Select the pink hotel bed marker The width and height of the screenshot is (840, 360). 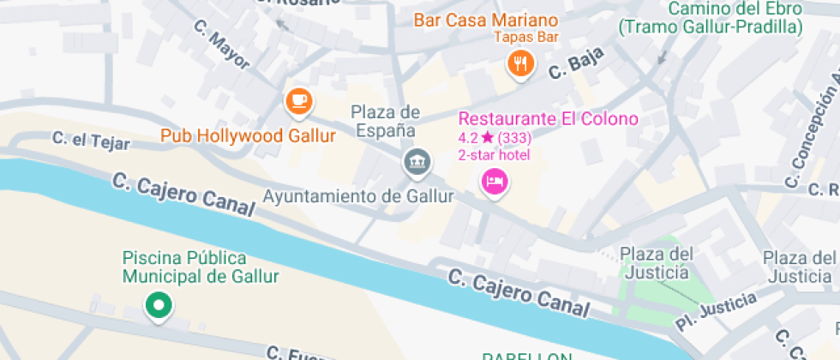[494, 181]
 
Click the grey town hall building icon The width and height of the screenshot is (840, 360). [417, 160]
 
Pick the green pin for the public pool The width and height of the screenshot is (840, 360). [158, 305]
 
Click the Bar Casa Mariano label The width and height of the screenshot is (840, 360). [486, 20]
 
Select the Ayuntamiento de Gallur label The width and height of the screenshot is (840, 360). [357, 196]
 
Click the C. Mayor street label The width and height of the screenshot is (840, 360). [222, 47]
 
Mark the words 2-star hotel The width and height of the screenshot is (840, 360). [495, 155]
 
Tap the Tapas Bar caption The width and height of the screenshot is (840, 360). [526, 37]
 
